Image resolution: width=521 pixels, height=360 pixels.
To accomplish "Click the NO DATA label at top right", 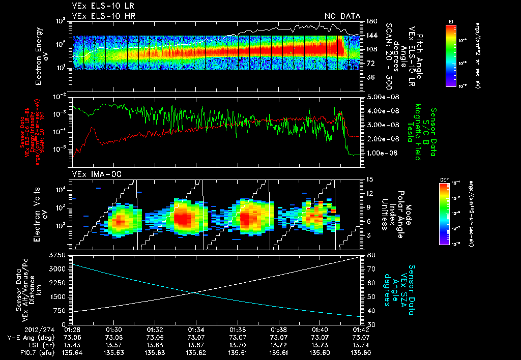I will pyautogui.click(x=342, y=16).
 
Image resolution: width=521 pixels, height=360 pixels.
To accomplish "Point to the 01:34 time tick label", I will pyautogui.click(x=196, y=329).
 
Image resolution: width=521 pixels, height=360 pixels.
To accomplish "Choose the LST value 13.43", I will pyautogui.click(x=73, y=344).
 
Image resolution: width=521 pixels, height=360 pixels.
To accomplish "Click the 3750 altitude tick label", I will pyautogui.click(x=60, y=254).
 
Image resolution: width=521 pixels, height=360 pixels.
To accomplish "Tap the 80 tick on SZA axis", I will pyautogui.click(x=371, y=254).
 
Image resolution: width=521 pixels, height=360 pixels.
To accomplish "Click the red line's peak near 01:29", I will pyautogui.click(x=92, y=128).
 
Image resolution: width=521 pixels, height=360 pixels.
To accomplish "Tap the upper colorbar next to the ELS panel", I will pyautogui.click(x=450, y=54).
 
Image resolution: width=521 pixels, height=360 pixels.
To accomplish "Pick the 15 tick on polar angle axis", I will pyautogui.click(x=370, y=179).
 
